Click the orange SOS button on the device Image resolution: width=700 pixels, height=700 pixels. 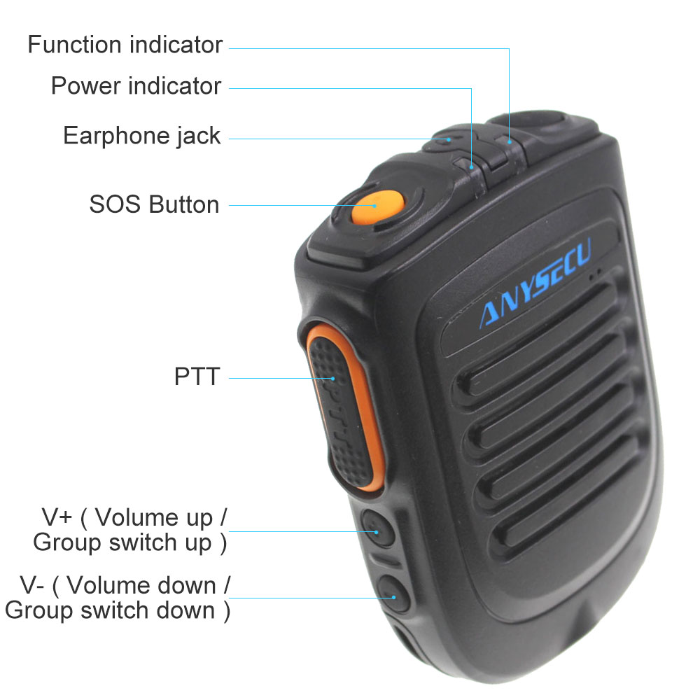[378, 208]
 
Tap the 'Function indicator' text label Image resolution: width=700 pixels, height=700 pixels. [125, 45]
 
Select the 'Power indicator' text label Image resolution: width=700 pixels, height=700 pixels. [136, 85]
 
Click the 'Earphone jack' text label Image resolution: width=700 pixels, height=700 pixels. [142, 136]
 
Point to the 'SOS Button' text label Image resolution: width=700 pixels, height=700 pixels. [155, 204]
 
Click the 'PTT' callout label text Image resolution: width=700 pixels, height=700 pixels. [197, 377]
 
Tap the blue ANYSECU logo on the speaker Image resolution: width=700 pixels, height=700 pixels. [535, 283]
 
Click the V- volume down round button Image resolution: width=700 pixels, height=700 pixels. [393, 594]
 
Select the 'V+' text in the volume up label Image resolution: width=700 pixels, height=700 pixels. [57, 517]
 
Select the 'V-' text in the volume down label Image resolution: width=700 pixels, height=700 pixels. [32, 585]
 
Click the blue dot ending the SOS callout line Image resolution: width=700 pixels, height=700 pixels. [375, 206]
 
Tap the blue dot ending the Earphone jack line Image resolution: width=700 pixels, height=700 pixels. [449, 140]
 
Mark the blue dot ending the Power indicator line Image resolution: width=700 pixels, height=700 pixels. [471, 167]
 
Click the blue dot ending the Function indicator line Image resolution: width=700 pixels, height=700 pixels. [510, 142]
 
